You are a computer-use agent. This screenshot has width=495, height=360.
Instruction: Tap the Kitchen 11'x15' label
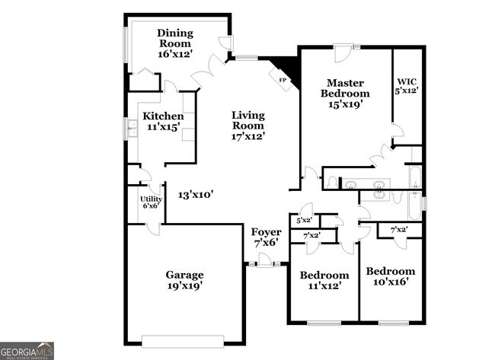162,122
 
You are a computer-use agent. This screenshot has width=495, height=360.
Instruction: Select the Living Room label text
248,126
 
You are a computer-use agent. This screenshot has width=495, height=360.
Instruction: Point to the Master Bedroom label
345,93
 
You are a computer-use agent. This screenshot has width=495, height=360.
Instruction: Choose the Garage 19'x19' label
184,280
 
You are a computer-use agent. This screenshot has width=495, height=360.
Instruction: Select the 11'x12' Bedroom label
324,280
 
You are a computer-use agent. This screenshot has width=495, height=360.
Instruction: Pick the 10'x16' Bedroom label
391,276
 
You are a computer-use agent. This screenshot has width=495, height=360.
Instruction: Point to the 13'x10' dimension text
195,195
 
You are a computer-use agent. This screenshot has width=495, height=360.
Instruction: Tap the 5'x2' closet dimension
304,221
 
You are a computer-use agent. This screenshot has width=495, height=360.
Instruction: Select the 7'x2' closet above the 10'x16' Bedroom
398,230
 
